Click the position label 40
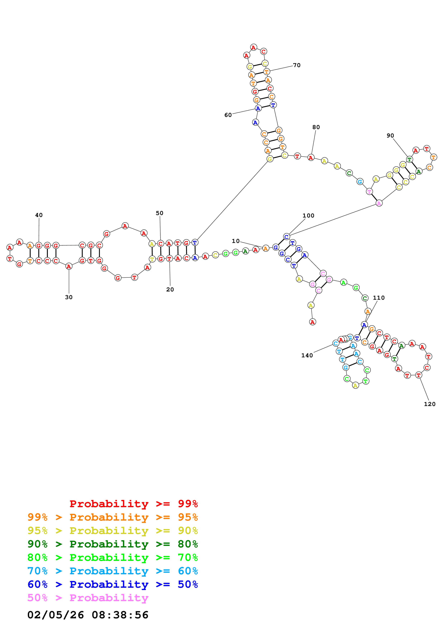click(39, 215)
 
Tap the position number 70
click(297, 65)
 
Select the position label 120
click(429, 404)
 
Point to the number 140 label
click(307, 355)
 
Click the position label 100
click(308, 216)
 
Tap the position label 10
click(236, 241)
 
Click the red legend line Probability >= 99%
click(133, 504)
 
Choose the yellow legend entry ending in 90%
click(113, 531)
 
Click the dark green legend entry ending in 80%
click(113, 544)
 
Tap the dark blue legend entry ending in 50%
click(113, 584)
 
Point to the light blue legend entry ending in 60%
click(113, 571)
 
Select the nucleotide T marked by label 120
click(418, 375)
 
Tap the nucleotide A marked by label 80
click(311, 158)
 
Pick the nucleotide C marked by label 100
click(286, 237)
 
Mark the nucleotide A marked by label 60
click(258, 108)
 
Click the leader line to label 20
click(170, 274)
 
